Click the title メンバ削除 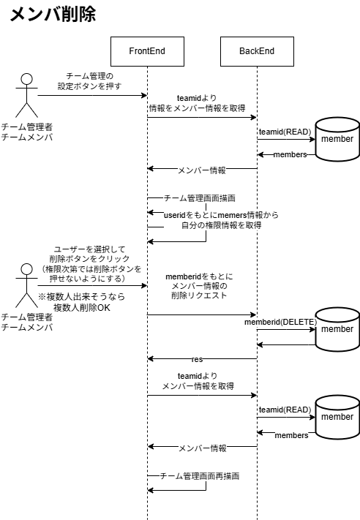tap(53, 15)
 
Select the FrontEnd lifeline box tap(147, 51)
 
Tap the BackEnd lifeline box tap(257, 51)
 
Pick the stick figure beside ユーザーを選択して tap(27, 285)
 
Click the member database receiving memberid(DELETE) tap(337, 329)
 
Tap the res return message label tap(198, 359)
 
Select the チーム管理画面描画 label tap(199, 198)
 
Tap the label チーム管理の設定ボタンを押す tap(89, 80)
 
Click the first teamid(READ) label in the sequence tap(285, 132)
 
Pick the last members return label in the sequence tap(291, 435)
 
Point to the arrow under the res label tap(202, 359)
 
